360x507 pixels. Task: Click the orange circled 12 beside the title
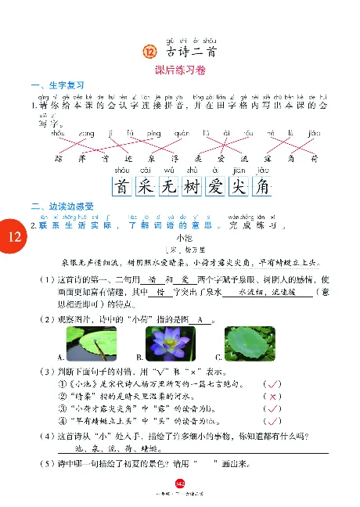150,52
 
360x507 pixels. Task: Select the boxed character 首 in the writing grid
121,187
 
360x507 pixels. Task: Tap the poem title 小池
185,236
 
